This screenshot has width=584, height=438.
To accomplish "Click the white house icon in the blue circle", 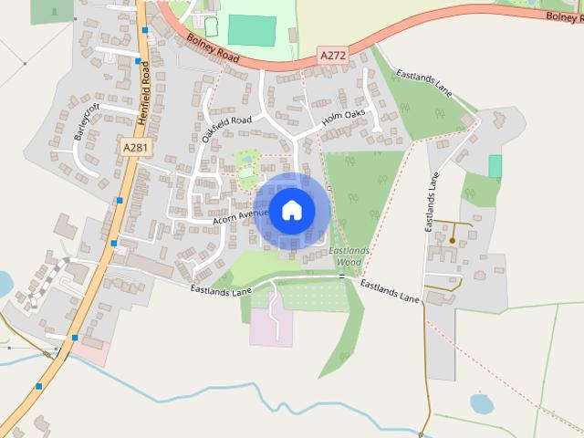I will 291,210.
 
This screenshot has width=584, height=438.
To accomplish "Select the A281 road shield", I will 133,146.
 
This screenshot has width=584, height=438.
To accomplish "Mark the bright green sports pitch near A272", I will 251,30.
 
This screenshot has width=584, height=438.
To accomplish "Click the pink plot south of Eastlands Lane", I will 272,328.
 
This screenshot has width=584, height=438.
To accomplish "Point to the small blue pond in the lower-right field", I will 481,401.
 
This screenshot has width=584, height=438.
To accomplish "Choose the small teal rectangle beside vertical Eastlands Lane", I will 495,166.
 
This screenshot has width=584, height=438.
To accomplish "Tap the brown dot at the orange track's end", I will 453,240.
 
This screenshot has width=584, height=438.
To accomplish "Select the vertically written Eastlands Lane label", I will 432,205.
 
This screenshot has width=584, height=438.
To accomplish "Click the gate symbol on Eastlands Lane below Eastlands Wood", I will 341,276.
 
